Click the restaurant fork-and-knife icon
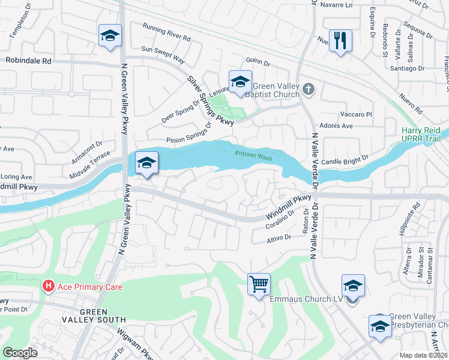pyautogui.click(x=340, y=40)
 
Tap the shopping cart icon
pyautogui.click(x=259, y=283)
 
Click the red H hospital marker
pyautogui.click(x=49, y=287)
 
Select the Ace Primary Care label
pyautogui.click(x=89, y=287)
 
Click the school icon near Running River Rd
pyautogui.click(x=110, y=35)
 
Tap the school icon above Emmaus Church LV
pyautogui.click(x=353, y=285)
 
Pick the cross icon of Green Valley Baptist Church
pyautogui.click(x=309, y=89)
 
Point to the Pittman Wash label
pyautogui.click(x=253, y=154)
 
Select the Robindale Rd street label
pyautogui.click(x=28, y=61)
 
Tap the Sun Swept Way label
pyautogui.click(x=163, y=52)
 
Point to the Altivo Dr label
pyautogui.click(x=279, y=238)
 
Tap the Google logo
pyautogui.click(x=20, y=352)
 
